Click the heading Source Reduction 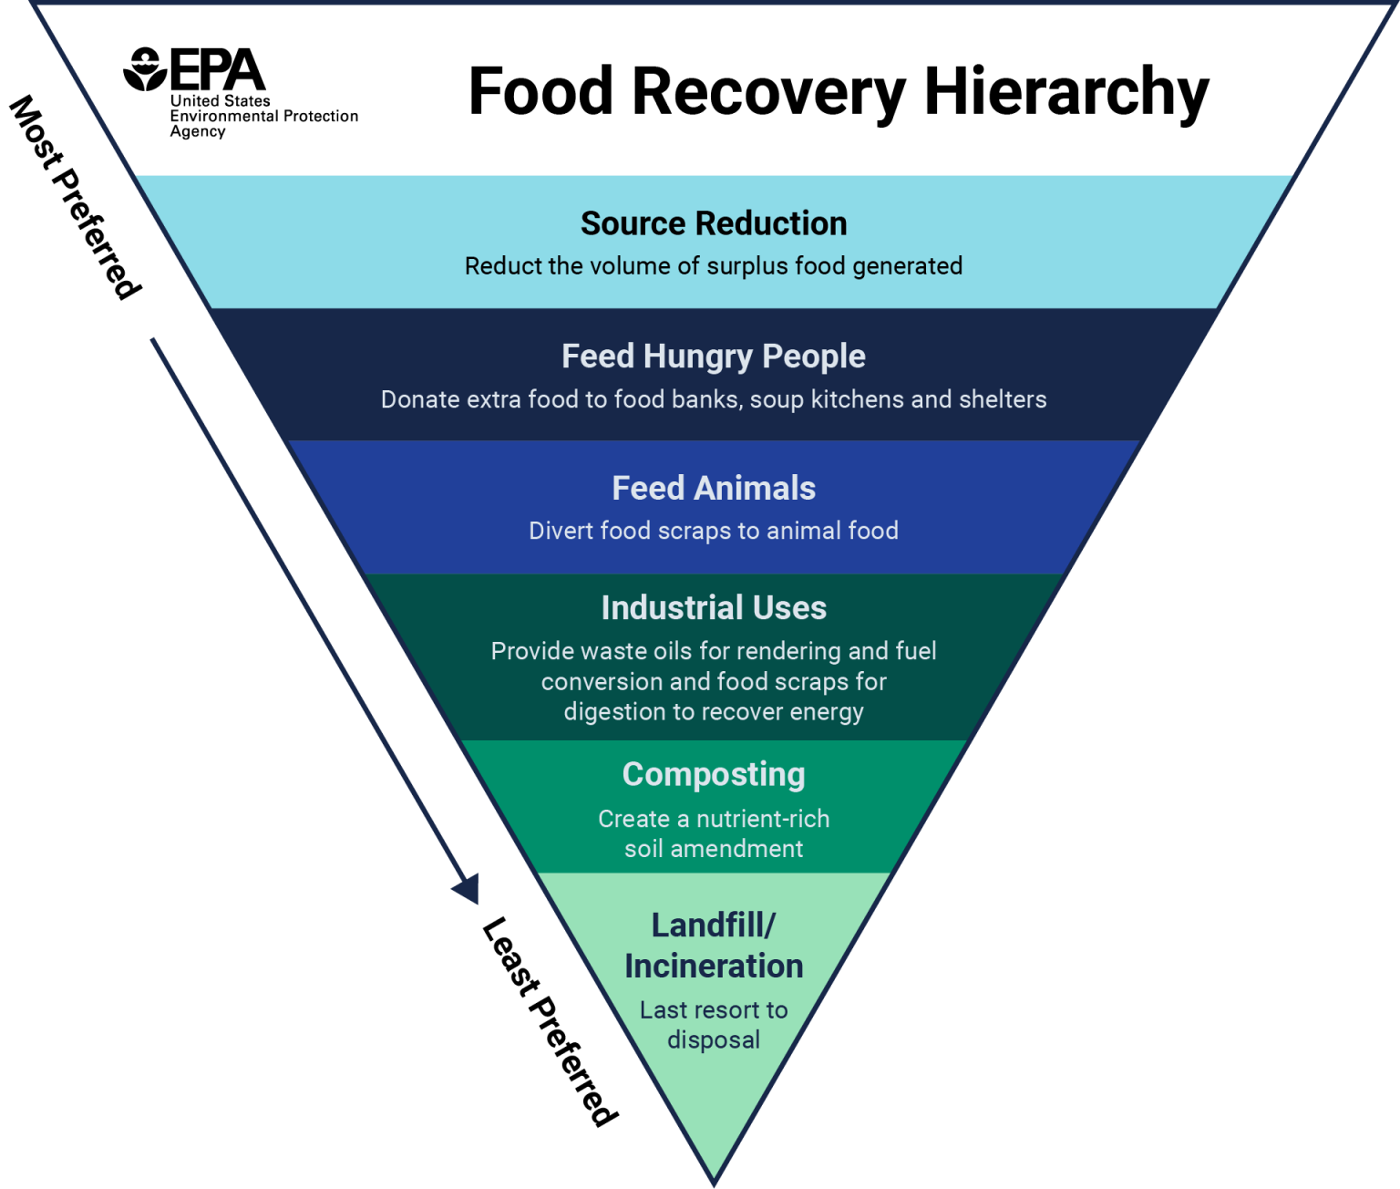tap(714, 223)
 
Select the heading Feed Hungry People tap(714, 357)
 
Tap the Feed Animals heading tap(714, 489)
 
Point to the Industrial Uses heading tap(714, 608)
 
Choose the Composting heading tap(714, 775)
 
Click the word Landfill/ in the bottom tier tap(714, 925)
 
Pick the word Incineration tap(714, 967)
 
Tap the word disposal tap(714, 1040)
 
